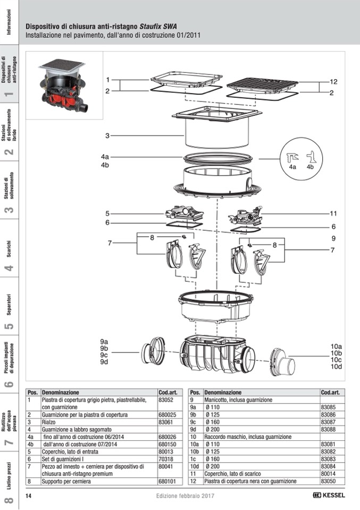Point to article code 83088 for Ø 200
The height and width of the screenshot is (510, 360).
click(328, 429)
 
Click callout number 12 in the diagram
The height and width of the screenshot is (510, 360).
click(333, 82)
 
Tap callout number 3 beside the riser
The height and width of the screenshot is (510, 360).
click(107, 136)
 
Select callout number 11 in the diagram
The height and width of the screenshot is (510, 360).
click(333, 213)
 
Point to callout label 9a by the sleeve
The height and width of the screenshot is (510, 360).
click(104, 341)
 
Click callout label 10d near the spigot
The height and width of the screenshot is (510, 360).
click(336, 366)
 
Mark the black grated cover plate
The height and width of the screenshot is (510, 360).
click(262, 84)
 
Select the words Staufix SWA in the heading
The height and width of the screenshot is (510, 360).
click(158, 27)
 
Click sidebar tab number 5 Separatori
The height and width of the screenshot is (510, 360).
click(9, 311)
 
